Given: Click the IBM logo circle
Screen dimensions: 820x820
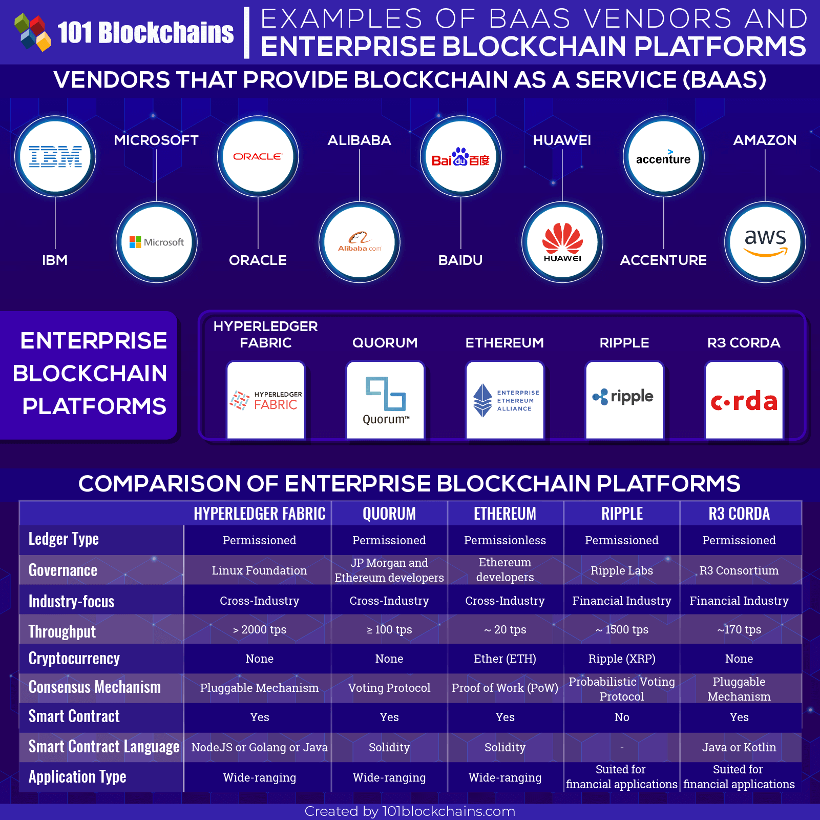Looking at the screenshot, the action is tap(55, 156).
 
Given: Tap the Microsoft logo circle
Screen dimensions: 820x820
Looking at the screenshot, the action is tap(157, 242).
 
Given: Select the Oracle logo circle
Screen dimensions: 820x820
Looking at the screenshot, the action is tap(258, 156).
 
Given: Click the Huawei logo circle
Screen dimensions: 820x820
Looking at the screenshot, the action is tap(562, 242).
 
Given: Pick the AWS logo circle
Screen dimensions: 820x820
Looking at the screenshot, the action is tap(765, 242).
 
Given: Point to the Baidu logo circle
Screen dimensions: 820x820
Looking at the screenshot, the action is tap(461, 156).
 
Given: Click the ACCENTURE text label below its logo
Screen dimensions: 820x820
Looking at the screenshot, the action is tap(663, 260).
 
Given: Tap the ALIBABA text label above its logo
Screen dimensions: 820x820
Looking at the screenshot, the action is tap(360, 140).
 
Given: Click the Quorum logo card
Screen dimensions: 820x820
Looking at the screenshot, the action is tap(385, 400).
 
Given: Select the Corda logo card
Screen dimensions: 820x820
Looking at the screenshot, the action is tap(744, 400).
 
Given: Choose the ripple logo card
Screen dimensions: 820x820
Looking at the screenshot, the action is tap(624, 400).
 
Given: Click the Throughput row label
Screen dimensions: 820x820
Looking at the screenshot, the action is tap(62, 631).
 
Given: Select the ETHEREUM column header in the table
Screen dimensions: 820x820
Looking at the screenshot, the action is tap(505, 514).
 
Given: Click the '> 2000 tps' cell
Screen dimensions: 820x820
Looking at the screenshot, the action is tap(260, 629).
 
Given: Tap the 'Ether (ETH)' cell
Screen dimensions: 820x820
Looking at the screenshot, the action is tap(505, 659).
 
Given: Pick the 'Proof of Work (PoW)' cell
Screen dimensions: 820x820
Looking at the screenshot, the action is tap(505, 688).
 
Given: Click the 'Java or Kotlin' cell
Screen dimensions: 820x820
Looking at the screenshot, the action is tap(739, 747).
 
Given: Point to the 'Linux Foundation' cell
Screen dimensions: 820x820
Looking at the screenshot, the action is tap(260, 570).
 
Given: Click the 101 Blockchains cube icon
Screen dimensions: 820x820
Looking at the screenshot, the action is tap(33, 32).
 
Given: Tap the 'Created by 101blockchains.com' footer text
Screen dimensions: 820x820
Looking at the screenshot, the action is tap(410, 811).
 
